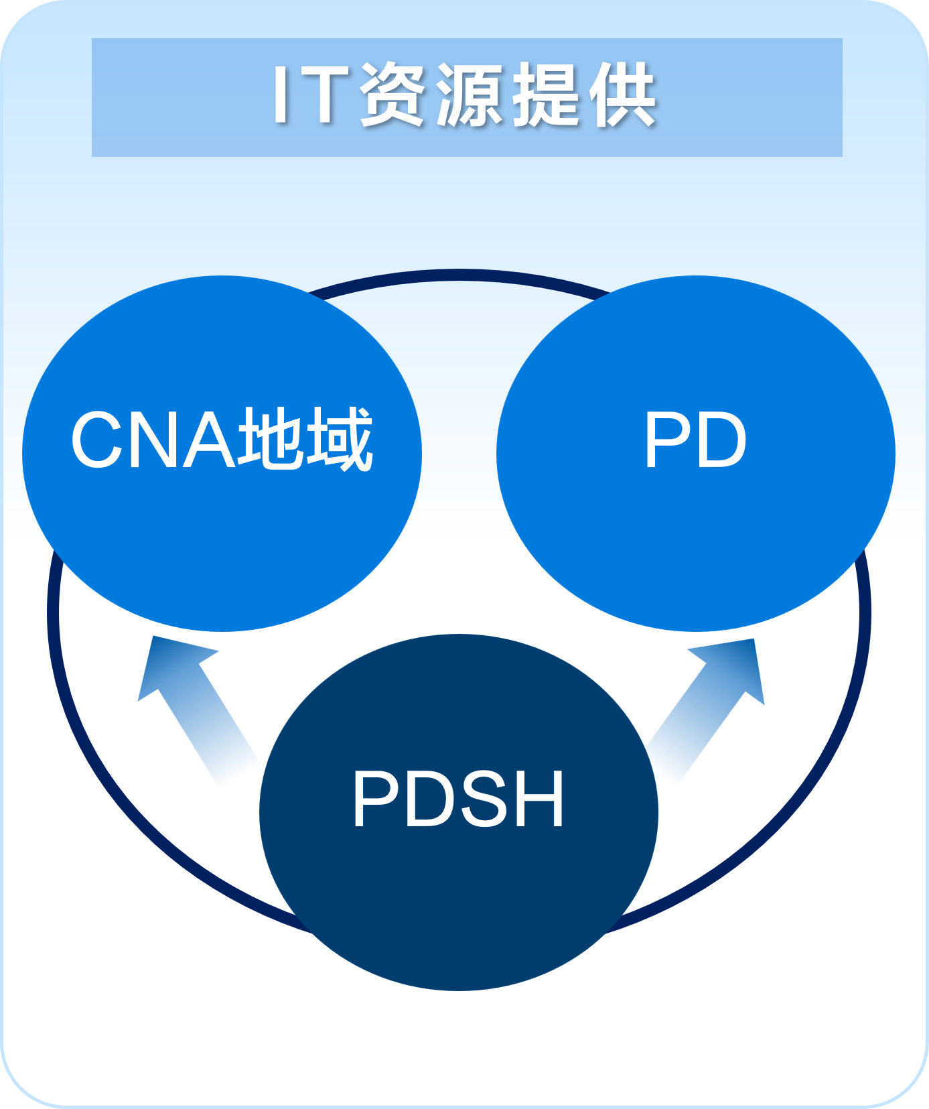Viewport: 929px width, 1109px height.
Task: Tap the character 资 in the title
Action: [392, 94]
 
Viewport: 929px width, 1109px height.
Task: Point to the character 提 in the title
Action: [546, 94]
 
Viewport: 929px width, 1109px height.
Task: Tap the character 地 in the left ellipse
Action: [271, 439]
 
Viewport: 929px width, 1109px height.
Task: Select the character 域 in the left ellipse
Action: [340, 439]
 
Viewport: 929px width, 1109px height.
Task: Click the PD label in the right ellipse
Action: [696, 440]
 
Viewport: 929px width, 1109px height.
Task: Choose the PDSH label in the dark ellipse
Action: [459, 799]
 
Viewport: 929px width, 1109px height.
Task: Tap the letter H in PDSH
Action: [541, 799]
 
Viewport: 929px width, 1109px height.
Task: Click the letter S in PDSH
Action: [486, 799]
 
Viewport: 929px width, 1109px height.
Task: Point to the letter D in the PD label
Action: [721, 440]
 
